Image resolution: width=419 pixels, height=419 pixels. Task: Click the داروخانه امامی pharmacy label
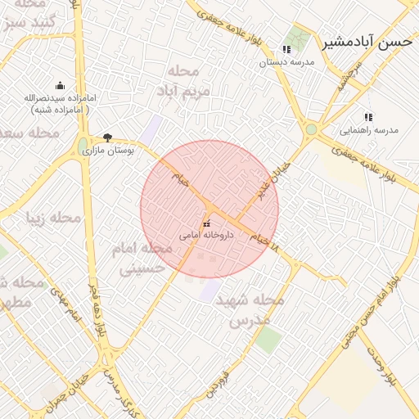[207, 235]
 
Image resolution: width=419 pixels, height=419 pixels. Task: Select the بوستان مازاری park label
[114, 151]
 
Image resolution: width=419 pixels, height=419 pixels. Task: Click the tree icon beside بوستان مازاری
[108, 137]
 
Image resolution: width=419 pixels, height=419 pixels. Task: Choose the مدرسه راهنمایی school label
[368, 129]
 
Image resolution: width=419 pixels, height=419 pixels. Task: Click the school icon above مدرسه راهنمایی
[368, 117]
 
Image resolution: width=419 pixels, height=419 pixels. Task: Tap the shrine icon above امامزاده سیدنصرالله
[60, 85]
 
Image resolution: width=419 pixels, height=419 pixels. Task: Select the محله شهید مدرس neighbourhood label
[249, 310]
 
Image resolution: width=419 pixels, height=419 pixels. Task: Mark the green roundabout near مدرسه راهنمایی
[311, 129]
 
